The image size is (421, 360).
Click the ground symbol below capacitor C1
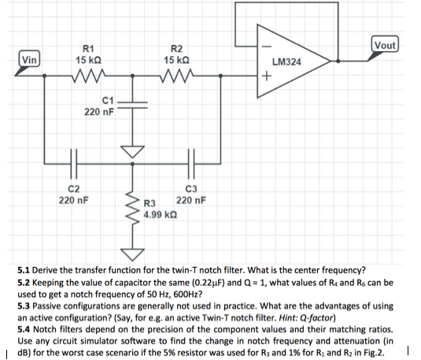click(x=131, y=149)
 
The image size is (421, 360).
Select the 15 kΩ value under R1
click(x=87, y=60)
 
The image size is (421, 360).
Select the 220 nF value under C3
click(x=191, y=199)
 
